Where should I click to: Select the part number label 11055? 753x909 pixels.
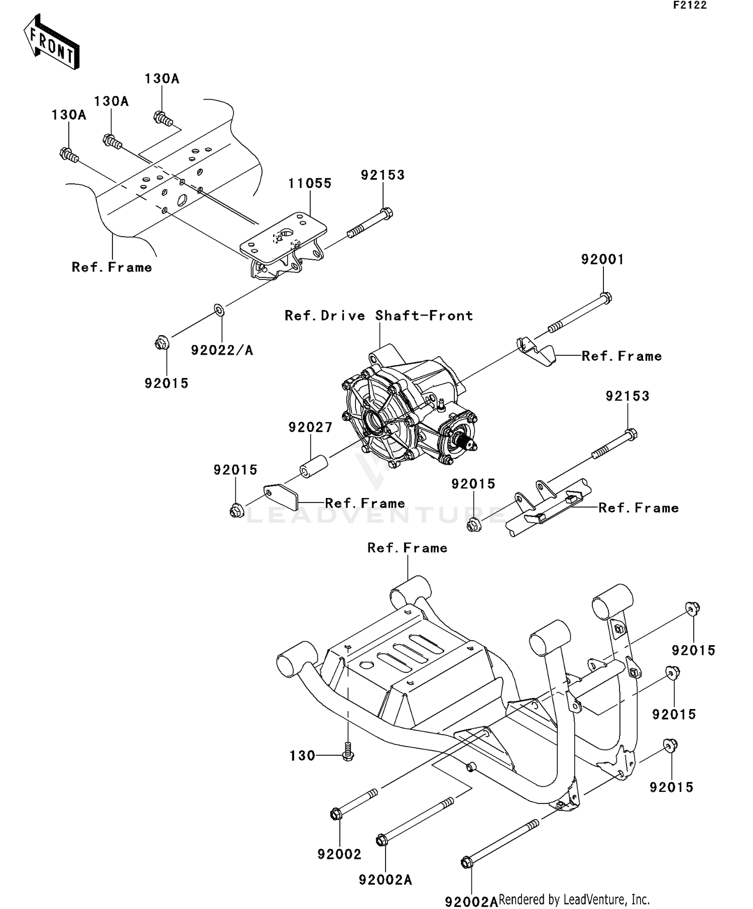[x=310, y=183]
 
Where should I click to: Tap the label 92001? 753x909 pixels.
[x=602, y=260]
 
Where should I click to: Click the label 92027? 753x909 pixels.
[x=310, y=428]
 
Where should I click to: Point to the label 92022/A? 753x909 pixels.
[x=222, y=350]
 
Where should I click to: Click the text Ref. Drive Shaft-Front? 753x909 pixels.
[x=379, y=316]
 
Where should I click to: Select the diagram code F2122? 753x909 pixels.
[x=690, y=6]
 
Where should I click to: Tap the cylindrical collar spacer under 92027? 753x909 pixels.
[x=314, y=467]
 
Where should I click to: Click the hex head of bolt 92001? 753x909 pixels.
[x=606, y=298]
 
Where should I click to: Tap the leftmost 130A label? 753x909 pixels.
[x=69, y=115]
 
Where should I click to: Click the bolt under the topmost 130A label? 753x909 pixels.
[x=163, y=119]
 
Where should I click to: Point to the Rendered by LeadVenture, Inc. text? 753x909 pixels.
[x=574, y=899]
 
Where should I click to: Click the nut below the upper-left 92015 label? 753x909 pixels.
[x=162, y=344]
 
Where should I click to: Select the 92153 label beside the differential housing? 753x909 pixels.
[x=627, y=396]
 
